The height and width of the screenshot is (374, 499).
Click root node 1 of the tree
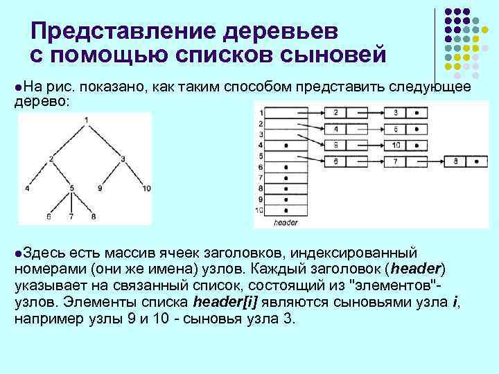[x=86, y=121]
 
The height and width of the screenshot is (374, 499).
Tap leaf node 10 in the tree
[x=146, y=188]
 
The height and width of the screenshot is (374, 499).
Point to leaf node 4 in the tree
[x=26, y=188]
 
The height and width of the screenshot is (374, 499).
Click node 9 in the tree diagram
[x=100, y=188]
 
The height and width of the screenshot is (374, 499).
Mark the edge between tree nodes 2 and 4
[x=40, y=174]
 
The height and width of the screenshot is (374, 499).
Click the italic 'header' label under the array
[x=285, y=223]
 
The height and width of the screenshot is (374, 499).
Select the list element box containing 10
[x=395, y=145]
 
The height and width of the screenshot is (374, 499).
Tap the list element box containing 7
[x=395, y=161]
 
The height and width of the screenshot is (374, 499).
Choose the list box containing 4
[x=335, y=129]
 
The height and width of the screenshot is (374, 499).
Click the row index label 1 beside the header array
[x=260, y=112]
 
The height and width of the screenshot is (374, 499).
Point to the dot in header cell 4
[x=286, y=145]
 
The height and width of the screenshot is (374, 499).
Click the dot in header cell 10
[x=286, y=210]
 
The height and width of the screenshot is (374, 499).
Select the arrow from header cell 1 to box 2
[x=305, y=112]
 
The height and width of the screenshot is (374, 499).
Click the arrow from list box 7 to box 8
[x=432, y=161]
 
